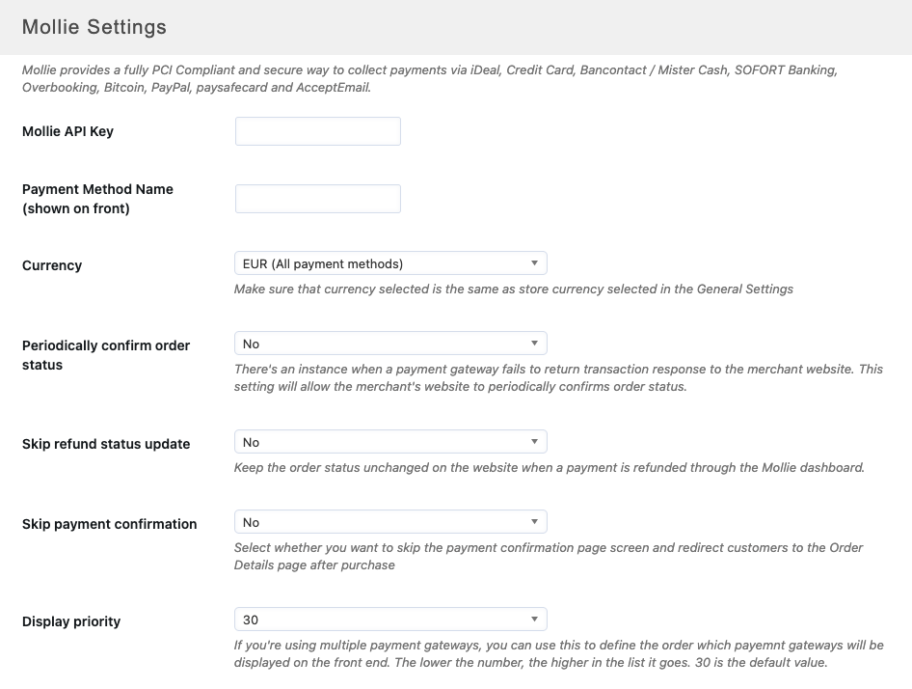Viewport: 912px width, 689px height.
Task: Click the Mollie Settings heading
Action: pyautogui.click(x=94, y=27)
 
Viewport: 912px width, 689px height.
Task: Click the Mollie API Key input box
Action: pyautogui.click(x=317, y=131)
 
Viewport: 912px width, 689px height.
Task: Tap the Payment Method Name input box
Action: pyautogui.click(x=317, y=199)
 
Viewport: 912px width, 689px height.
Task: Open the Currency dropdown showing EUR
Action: pyautogui.click(x=390, y=263)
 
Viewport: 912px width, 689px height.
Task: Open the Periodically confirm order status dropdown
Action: pyautogui.click(x=390, y=344)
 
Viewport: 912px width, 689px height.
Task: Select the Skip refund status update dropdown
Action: pyautogui.click(x=390, y=442)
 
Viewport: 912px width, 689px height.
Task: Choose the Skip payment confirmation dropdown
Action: pyautogui.click(x=390, y=522)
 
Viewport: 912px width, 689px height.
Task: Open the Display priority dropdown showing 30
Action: pyautogui.click(x=390, y=620)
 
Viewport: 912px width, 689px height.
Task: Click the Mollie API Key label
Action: pyautogui.click(x=67, y=131)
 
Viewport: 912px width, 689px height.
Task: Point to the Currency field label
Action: pyautogui.click(x=52, y=265)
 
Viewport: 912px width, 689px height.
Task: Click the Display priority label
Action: pyautogui.click(x=71, y=621)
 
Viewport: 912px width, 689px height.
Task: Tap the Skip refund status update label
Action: pyautogui.click(x=106, y=444)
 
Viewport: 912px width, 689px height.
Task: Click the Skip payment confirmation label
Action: pyautogui.click(x=109, y=524)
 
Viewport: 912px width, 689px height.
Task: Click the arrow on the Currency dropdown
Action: pyautogui.click(x=535, y=263)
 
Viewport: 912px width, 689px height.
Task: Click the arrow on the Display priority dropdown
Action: pyautogui.click(x=535, y=620)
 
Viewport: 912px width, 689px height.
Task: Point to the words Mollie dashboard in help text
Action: pyautogui.click(x=814, y=467)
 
